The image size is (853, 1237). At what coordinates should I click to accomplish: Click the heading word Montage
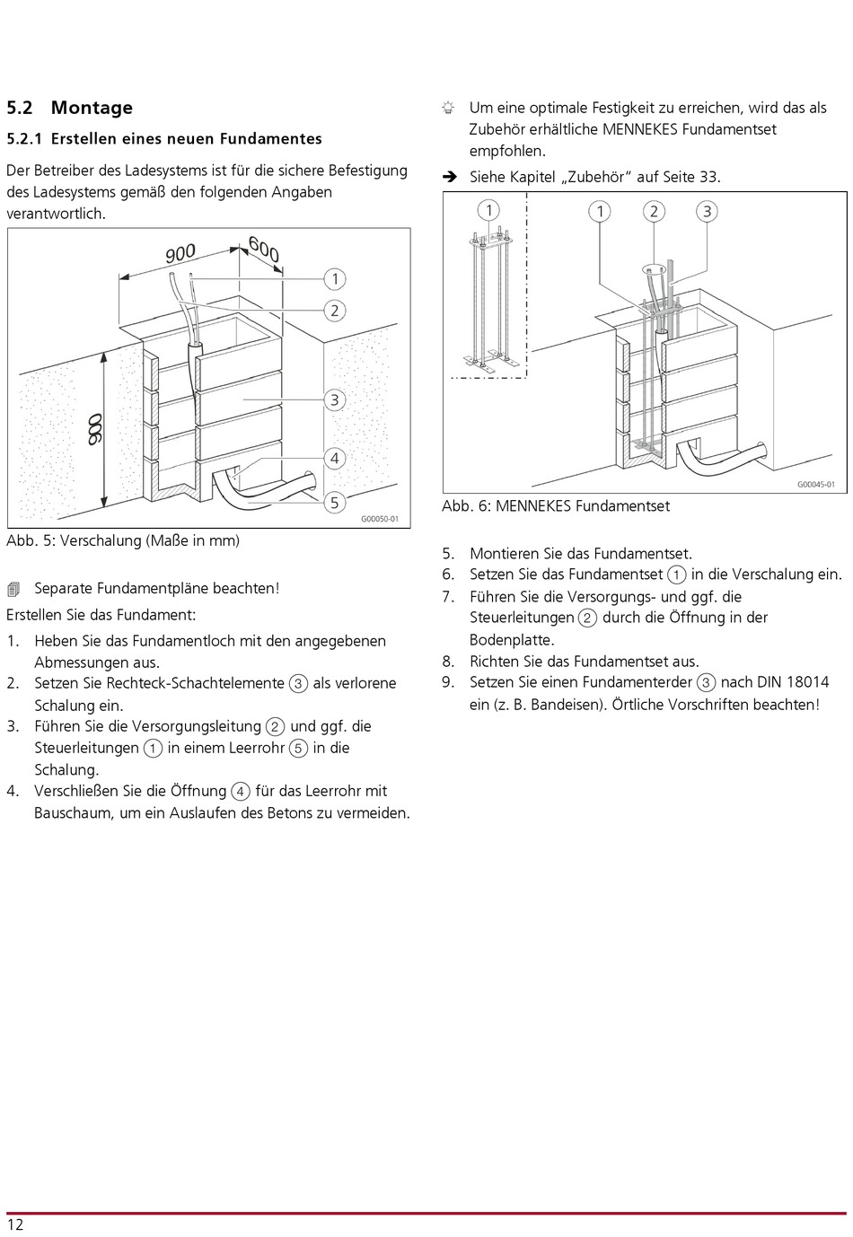[x=92, y=108]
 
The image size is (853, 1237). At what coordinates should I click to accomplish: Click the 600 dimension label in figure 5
[x=264, y=249]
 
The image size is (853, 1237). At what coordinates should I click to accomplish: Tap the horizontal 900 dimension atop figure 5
[x=180, y=254]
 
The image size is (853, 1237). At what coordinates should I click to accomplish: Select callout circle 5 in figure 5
[x=335, y=502]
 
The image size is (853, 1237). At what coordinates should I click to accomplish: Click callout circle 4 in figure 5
[x=335, y=458]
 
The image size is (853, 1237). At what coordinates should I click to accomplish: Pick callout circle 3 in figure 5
[x=335, y=399]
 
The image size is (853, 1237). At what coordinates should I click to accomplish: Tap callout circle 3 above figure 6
[x=708, y=211]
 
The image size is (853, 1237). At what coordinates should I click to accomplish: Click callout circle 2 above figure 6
[x=654, y=211]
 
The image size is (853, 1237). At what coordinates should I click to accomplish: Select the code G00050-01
[x=380, y=519]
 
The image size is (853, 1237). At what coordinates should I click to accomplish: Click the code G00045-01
[x=816, y=485]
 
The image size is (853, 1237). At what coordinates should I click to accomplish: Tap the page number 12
[x=15, y=1224]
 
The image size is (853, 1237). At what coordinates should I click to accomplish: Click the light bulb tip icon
[x=448, y=108]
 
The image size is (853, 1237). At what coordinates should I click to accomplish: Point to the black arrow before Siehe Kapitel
[x=449, y=177]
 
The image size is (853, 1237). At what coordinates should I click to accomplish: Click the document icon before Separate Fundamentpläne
[x=13, y=589]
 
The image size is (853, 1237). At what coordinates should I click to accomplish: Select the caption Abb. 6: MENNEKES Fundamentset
[x=556, y=506]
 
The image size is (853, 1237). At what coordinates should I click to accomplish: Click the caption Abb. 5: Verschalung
[x=123, y=540]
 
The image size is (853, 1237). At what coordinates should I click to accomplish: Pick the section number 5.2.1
[x=24, y=139]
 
